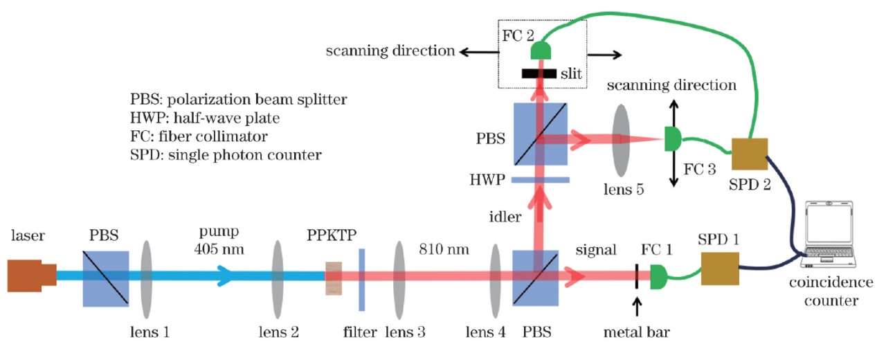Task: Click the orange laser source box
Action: [x=31, y=276]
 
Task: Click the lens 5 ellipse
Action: [x=621, y=140]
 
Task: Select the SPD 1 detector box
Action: [x=720, y=269]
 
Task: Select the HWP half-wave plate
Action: [x=540, y=180]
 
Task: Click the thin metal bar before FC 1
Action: [x=638, y=276]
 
